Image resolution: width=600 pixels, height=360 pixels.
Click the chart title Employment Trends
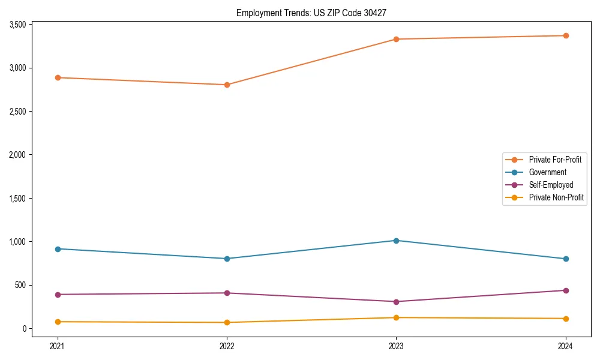coord(316,13)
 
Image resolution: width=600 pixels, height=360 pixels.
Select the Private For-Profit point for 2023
coord(396,40)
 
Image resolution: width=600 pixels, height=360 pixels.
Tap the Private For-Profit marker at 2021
coord(58,77)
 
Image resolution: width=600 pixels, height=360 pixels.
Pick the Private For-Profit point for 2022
coord(227,85)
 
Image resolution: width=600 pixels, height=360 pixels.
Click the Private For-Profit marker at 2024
coord(566,35)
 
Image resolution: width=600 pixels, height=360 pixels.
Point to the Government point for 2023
coord(396,241)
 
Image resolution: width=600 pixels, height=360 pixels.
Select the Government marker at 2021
coord(58,249)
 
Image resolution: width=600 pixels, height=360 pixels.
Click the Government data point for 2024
coord(566,259)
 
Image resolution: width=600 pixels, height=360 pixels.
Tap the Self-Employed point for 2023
coord(396,302)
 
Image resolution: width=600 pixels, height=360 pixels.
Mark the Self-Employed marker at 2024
coord(566,290)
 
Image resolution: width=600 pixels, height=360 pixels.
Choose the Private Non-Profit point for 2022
coord(227,323)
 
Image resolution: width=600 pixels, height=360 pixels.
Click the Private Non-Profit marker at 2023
coord(396,317)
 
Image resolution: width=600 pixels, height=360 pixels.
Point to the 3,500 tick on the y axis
coord(17,25)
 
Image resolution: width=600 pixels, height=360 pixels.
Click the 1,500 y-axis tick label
coord(17,199)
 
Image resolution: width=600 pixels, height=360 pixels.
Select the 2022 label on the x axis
coord(227,346)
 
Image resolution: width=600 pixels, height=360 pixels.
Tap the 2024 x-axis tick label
coord(566,346)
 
